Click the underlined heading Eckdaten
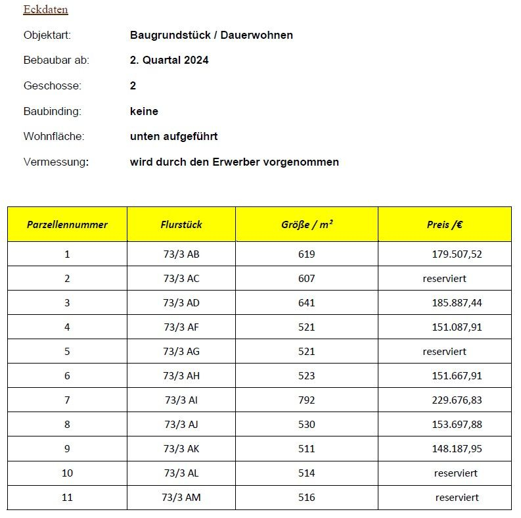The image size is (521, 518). (45, 10)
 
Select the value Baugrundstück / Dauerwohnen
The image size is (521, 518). (211, 35)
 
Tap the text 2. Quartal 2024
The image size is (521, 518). (169, 60)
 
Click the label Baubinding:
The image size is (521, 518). (52, 111)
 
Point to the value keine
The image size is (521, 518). (144, 111)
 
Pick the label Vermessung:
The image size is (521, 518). (56, 162)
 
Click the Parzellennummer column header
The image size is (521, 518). (67, 224)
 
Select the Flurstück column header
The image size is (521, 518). (181, 224)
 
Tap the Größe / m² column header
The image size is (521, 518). (306, 224)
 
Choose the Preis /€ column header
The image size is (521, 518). (444, 224)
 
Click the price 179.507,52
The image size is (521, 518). (457, 254)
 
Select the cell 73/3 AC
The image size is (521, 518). (181, 278)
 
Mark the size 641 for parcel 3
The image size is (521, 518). (306, 302)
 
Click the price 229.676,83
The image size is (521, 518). (457, 400)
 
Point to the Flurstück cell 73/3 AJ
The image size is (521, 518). (181, 424)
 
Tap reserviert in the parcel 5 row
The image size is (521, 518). (444, 351)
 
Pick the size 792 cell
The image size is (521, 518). (306, 400)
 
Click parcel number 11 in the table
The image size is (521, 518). (67, 497)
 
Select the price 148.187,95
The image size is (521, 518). (457, 448)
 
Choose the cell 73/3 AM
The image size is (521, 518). (181, 497)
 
